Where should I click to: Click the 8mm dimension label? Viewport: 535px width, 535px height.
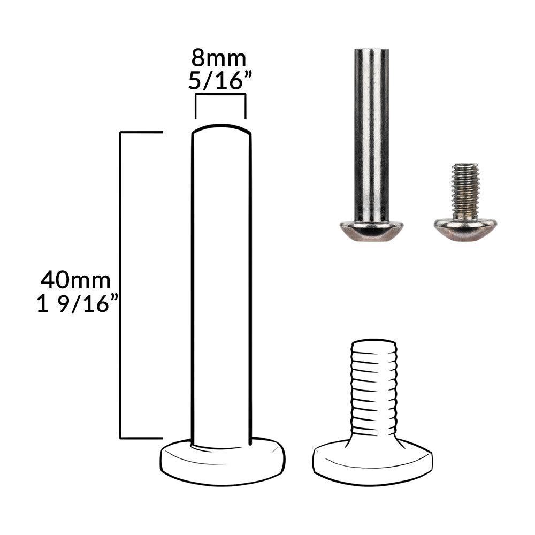tap(218, 58)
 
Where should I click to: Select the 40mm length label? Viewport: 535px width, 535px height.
tap(75, 280)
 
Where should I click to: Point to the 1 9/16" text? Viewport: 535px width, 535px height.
tap(77, 303)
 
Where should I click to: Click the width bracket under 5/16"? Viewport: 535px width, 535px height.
tap(220, 94)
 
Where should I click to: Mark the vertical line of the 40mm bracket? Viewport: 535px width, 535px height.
tap(120, 285)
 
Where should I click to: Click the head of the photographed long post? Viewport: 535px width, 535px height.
tap(371, 232)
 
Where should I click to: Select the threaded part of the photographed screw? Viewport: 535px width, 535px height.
tap(465, 192)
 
